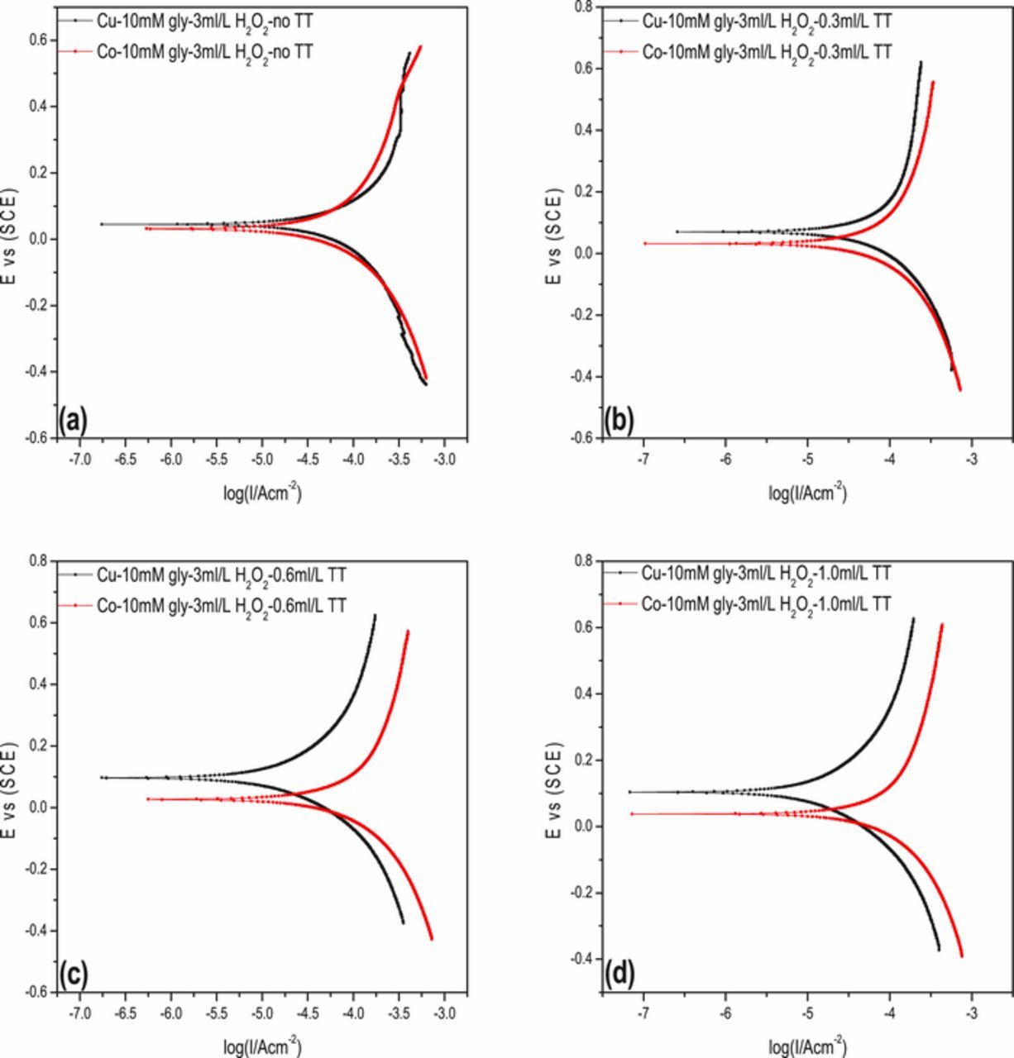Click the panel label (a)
coord(73,422)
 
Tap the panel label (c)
coord(73,975)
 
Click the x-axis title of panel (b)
coord(807,493)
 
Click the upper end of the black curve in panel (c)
coord(375,615)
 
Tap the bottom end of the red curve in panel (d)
coord(962,956)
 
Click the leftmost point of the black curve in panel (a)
coord(101,224)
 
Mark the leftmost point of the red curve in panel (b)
coord(644,244)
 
